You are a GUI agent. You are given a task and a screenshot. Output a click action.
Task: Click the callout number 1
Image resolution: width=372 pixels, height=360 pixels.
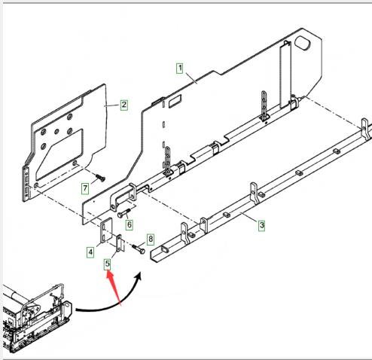180,69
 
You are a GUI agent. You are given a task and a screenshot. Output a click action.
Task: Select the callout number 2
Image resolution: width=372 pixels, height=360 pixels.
124,105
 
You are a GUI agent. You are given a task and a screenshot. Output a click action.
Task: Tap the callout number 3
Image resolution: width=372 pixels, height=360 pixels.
261,225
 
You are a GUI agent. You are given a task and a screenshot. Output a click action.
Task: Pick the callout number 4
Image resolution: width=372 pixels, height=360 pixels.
90,252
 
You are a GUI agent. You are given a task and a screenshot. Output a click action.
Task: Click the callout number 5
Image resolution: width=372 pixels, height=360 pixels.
108,264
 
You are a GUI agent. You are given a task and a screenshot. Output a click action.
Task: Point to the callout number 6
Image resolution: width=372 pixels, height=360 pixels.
130,224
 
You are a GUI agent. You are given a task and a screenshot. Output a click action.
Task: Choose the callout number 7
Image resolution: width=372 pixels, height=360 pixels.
85,188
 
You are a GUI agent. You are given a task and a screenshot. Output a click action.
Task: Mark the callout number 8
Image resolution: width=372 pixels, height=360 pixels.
151,239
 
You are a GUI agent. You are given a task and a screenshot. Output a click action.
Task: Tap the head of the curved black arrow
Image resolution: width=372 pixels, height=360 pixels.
139,276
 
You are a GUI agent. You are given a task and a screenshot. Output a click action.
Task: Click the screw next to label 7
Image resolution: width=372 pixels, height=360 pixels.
100,178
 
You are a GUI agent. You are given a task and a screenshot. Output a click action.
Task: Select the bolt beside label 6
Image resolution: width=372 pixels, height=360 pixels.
124,213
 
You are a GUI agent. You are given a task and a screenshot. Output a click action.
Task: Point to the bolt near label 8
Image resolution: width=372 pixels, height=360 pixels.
139,249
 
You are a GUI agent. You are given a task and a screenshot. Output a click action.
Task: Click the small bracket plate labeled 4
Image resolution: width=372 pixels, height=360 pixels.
106,230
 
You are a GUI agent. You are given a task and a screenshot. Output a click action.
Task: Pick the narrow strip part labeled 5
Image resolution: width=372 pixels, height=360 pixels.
119,243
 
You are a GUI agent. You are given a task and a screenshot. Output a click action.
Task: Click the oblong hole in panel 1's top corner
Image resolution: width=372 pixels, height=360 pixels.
303,43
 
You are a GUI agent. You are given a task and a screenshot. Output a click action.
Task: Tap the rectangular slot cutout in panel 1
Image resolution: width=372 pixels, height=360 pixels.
175,101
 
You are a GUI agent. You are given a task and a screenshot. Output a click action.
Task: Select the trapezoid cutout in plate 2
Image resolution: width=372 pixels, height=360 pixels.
59,154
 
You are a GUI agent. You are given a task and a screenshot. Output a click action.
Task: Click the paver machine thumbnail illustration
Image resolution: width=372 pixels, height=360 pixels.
37,317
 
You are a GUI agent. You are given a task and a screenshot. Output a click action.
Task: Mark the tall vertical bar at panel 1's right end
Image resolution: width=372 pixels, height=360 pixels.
285,75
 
